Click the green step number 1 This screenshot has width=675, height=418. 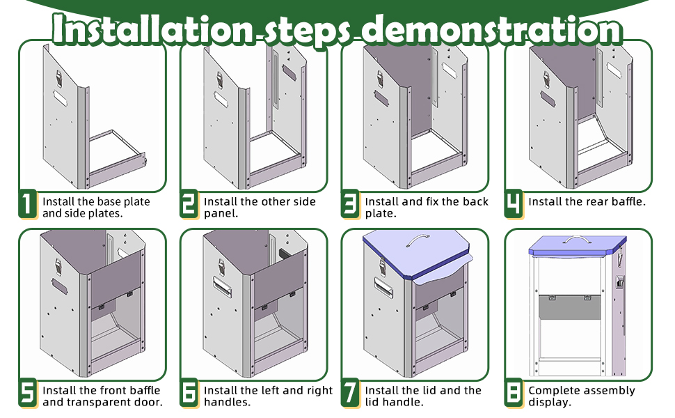pos(27,205)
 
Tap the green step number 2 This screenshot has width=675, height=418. pos(189,205)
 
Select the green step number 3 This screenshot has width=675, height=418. pos(350,205)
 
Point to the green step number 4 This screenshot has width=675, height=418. pos(513,203)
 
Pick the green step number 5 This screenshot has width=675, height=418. pos(27,394)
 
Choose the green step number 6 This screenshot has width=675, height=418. pos(189,394)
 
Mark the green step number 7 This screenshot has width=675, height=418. pos(350,394)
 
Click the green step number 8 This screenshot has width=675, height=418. pos(513,394)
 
